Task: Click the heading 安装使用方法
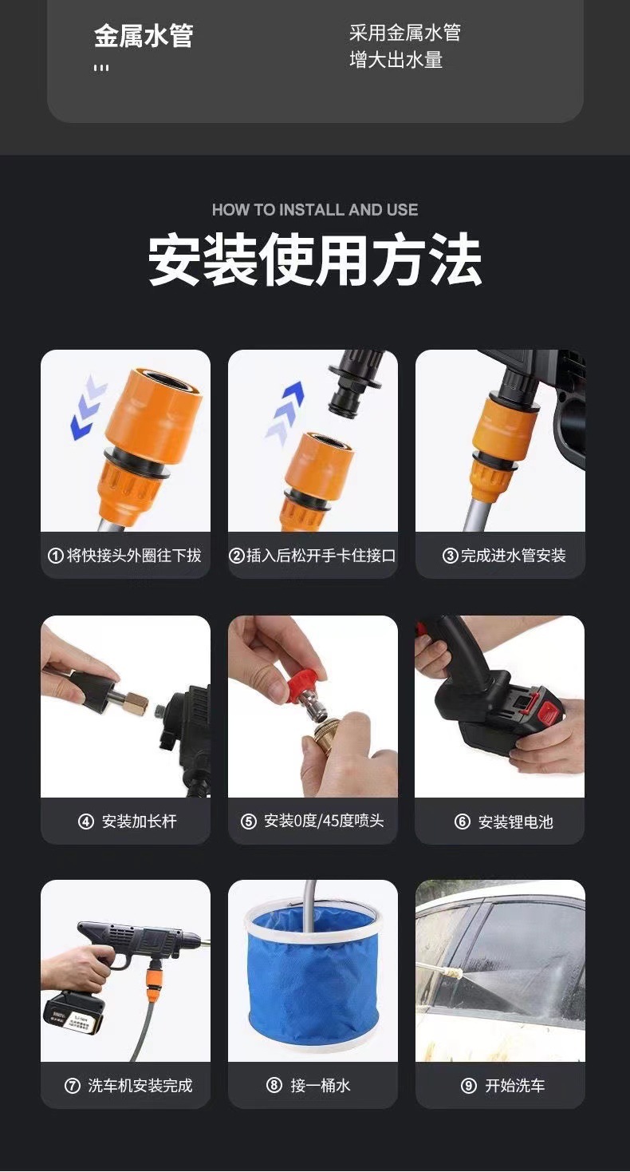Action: pyautogui.click(x=315, y=260)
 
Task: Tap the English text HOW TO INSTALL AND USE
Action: pyautogui.click(x=315, y=210)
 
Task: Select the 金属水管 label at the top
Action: pyautogui.click(x=144, y=36)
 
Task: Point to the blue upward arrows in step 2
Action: pyautogui.click(x=284, y=410)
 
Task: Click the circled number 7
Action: pyautogui.click(x=73, y=1086)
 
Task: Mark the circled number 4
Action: pyautogui.click(x=86, y=822)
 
